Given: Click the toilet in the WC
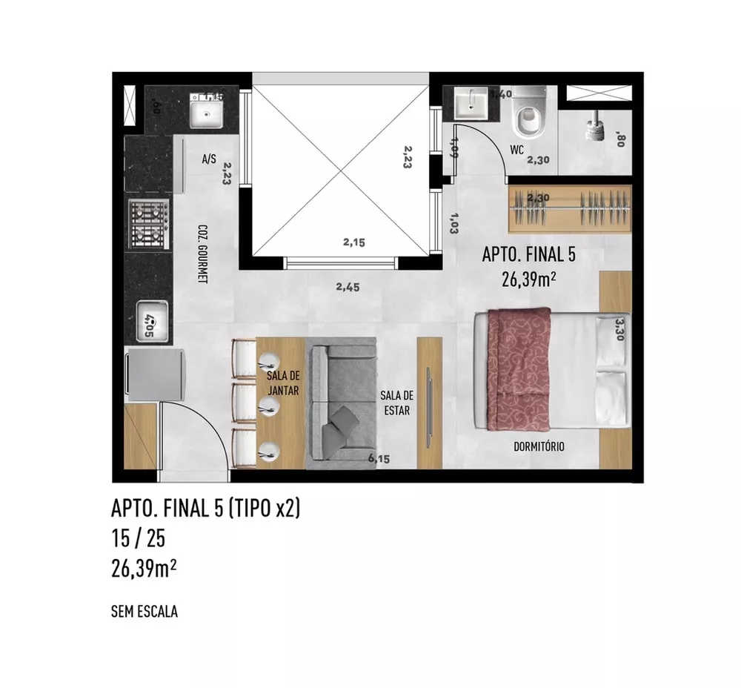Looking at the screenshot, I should tap(529, 114).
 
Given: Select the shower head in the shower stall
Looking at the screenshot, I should tap(594, 128).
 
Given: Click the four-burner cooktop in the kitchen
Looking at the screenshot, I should tap(147, 225).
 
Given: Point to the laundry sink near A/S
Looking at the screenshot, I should tap(205, 113).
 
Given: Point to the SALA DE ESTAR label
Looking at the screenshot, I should tap(397, 403).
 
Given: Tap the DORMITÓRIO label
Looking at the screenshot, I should tap(539, 446).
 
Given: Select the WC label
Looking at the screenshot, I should tap(516, 149).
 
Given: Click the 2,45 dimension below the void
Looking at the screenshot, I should tap(347, 288).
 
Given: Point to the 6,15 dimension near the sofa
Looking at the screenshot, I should tap(378, 459).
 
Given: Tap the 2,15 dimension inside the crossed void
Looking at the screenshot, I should tap(354, 242).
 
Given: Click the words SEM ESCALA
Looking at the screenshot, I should tap(144, 612).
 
